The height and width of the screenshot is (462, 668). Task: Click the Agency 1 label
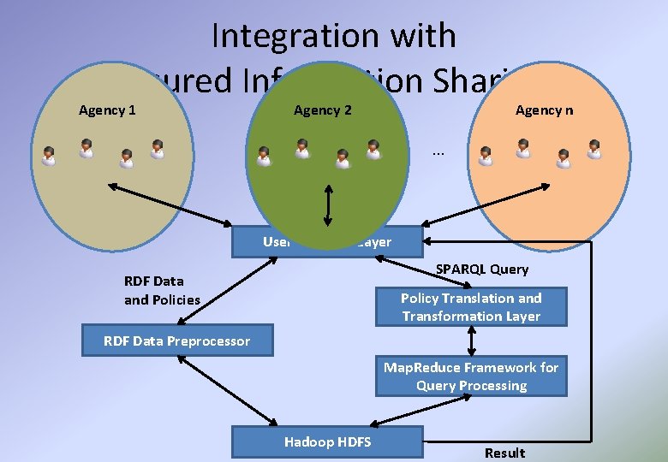pos(107,110)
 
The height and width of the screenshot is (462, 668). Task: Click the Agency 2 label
pos(322,110)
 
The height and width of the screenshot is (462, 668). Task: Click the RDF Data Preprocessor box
pos(177,341)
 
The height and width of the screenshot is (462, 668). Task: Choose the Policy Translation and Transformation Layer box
pos(471,307)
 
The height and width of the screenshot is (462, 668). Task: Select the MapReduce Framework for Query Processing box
pos(471,376)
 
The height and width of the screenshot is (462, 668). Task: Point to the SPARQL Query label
pos(482,269)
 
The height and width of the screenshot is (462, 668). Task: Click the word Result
pos(504,453)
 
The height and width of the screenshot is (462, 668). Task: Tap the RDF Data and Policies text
pos(162,290)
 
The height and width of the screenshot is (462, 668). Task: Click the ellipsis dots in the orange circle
pos(438,152)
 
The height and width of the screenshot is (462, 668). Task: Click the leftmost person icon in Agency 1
pos(49,156)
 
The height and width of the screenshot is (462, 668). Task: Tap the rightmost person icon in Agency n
pos(594,149)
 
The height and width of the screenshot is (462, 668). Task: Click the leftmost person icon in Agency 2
pos(264,156)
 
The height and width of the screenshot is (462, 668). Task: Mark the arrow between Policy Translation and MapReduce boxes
pos(471,341)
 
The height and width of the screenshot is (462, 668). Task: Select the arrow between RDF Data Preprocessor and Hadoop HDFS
pos(227,390)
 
